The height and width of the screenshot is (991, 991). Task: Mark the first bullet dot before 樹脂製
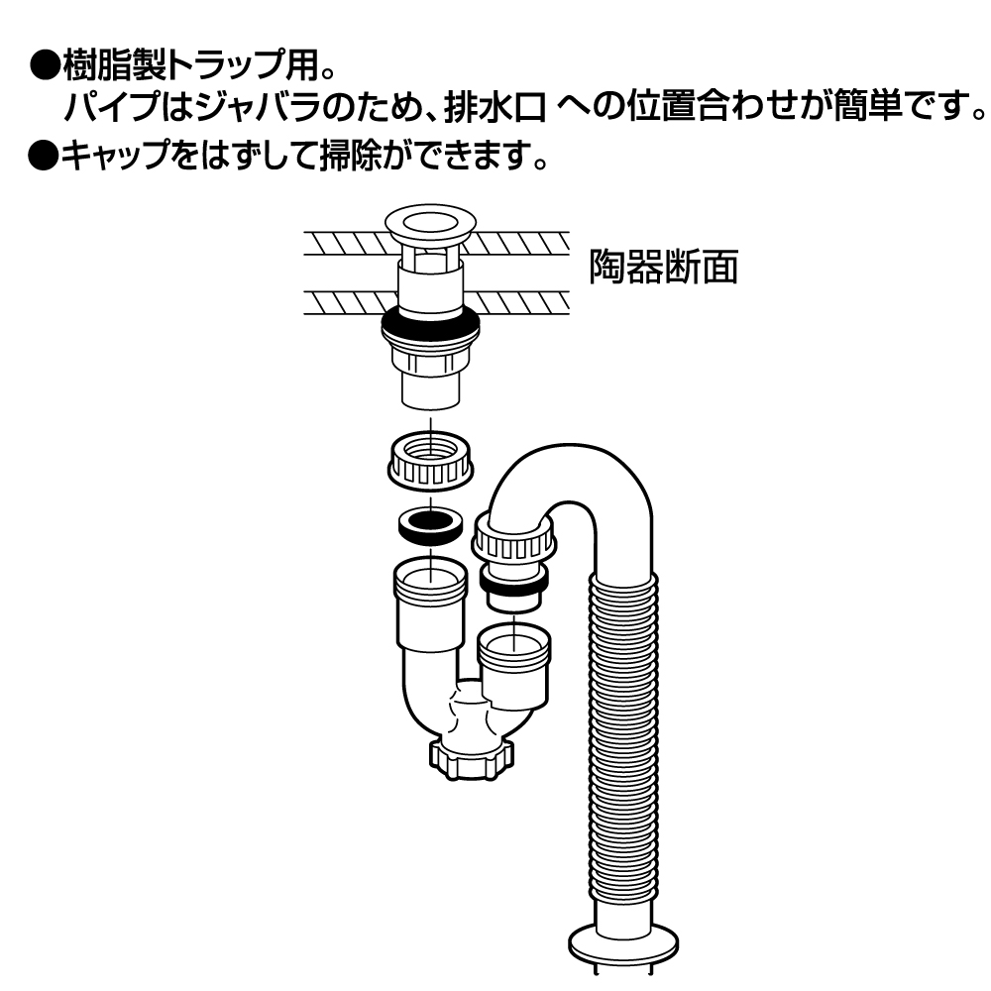44,66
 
